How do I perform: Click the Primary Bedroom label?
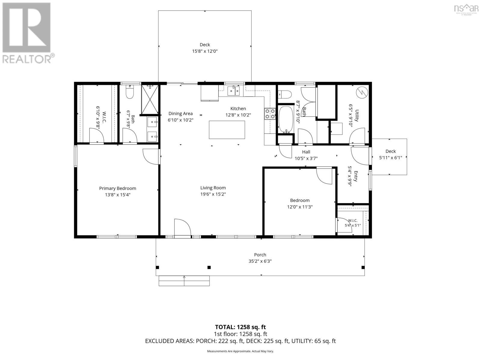pyautogui.click(x=118, y=188)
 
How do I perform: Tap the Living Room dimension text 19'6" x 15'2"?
pyautogui.click(x=213, y=194)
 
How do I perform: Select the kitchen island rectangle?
pyautogui.click(x=227, y=130)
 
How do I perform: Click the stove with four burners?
pyautogui.click(x=270, y=114)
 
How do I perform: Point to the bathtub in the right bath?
pyautogui.click(x=286, y=120)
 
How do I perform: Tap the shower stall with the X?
pyautogui.click(x=150, y=99)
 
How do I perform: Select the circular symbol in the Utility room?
pyautogui.click(x=362, y=92)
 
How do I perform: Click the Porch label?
pyautogui.click(x=260, y=255)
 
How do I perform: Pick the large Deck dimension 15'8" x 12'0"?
pyautogui.click(x=205, y=51)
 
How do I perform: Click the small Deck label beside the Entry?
pyautogui.click(x=391, y=151)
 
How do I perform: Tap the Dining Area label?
pyautogui.click(x=180, y=113)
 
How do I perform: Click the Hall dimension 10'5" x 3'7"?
pyautogui.click(x=306, y=158)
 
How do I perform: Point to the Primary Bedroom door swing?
pyautogui.click(x=151, y=156)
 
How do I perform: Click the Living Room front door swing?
pyautogui.click(x=182, y=227)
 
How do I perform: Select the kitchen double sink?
pyautogui.click(x=233, y=91)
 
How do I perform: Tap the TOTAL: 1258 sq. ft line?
pyautogui.click(x=240, y=327)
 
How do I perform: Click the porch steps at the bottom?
pyautogui.click(x=184, y=281)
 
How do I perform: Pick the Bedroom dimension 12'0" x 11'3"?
pyautogui.click(x=299, y=207)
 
